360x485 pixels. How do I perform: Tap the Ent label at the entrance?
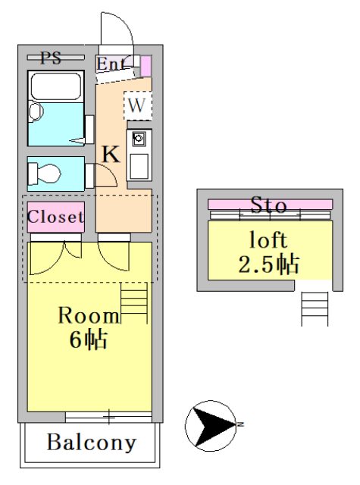[x=111, y=64]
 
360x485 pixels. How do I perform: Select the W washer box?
[x=136, y=105]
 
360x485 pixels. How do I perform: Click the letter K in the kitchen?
[x=111, y=154]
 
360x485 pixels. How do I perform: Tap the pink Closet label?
[x=55, y=217]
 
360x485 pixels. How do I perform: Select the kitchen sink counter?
[x=139, y=164]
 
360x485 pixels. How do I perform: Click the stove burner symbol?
[x=139, y=139]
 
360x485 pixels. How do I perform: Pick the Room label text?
[x=89, y=316]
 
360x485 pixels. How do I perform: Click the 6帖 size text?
[x=88, y=339]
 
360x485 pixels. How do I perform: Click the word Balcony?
[x=92, y=443]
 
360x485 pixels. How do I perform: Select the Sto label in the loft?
[x=269, y=205]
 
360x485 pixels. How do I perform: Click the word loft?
[x=269, y=241]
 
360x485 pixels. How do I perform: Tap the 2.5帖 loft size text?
[x=270, y=264]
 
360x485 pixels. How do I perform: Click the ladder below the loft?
[x=315, y=308]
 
